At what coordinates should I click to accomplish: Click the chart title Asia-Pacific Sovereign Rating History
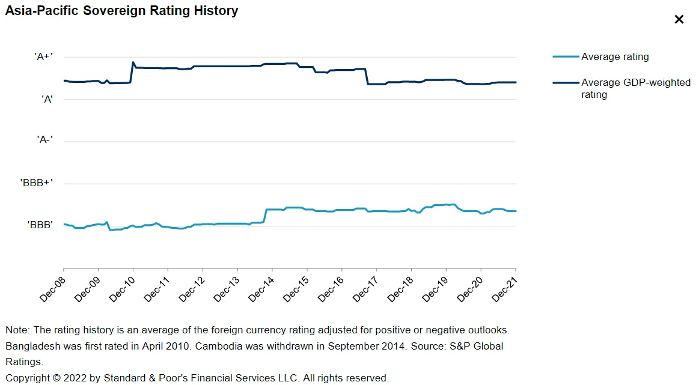point(121,11)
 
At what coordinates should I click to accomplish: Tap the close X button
point(679,19)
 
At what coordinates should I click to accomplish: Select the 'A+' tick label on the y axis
point(43,57)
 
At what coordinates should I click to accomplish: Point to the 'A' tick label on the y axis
point(47,100)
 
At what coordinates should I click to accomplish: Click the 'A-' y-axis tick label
point(45,139)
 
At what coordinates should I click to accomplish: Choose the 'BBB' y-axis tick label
point(40,225)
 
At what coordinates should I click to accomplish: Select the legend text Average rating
point(615,57)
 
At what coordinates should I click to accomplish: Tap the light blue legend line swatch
point(565,57)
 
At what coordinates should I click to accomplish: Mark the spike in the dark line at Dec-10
point(133,62)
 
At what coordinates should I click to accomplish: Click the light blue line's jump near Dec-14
point(265,216)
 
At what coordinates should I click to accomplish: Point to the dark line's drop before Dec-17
point(367,76)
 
